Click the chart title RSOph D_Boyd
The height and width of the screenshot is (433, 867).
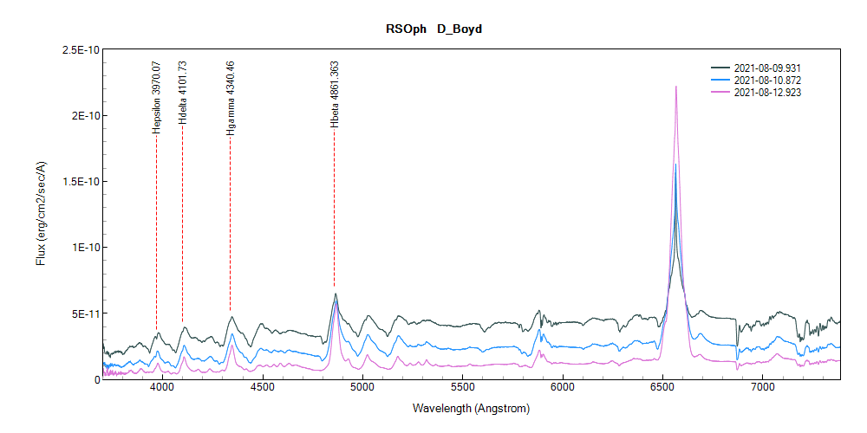(433, 29)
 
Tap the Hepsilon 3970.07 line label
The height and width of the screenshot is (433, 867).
(156, 95)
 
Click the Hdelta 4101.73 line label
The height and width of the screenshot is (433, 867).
(182, 94)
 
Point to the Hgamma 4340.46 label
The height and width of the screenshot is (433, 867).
(230, 97)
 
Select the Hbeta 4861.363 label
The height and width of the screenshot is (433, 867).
(335, 94)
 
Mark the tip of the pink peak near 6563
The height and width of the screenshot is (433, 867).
(675, 87)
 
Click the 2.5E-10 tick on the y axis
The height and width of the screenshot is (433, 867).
(77, 49)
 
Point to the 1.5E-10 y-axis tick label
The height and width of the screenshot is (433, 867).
(77, 181)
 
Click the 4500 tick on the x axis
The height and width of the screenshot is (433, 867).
(263, 391)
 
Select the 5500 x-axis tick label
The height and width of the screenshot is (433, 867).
(463, 391)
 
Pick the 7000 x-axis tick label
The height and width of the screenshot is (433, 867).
(763, 391)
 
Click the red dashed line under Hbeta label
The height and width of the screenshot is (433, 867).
(335, 216)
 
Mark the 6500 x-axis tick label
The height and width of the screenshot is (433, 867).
(663, 391)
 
